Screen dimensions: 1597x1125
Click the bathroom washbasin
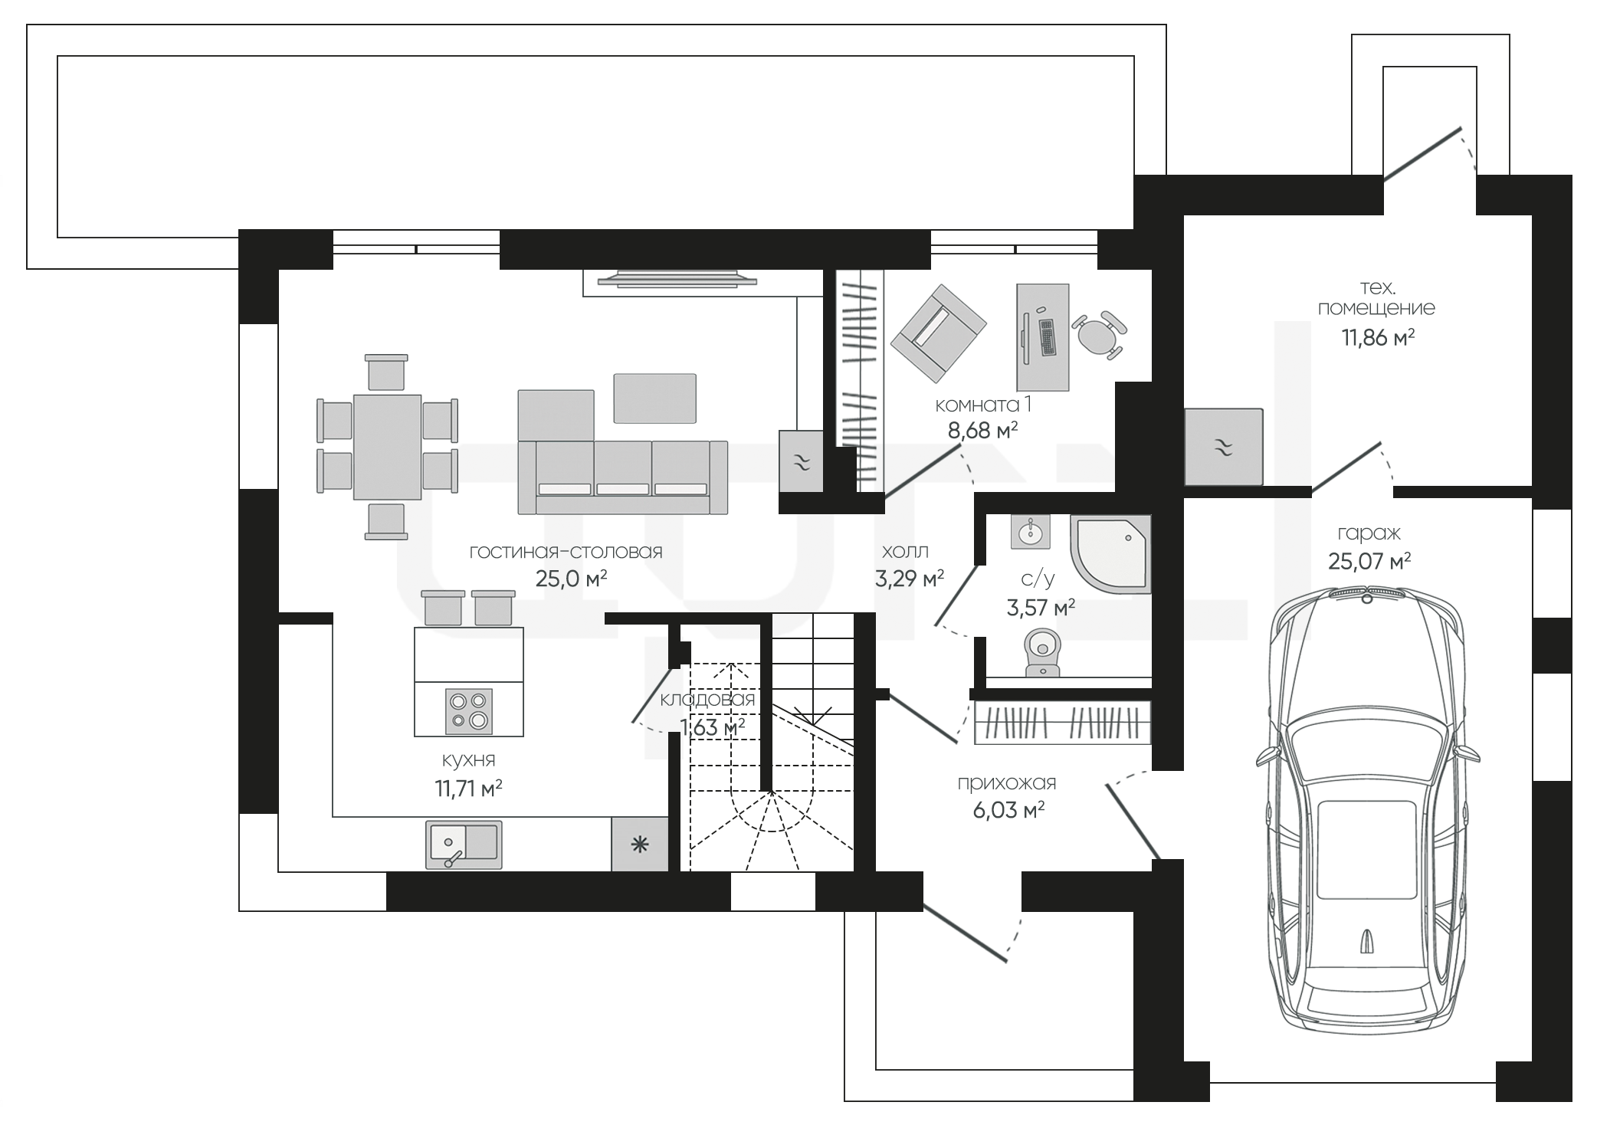[x=1030, y=531]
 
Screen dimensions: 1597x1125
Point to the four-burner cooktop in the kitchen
[x=469, y=710]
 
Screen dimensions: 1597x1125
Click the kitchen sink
[x=464, y=845]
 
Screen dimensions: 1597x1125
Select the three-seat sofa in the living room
[x=622, y=477]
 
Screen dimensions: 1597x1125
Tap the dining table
[x=387, y=448]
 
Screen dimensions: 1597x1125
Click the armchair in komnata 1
[x=938, y=333]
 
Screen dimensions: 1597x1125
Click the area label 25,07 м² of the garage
[x=1369, y=562]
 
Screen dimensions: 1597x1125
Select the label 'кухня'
[x=468, y=759]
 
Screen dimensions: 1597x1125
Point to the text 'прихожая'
[x=1007, y=783]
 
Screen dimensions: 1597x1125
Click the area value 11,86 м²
[x=1377, y=338]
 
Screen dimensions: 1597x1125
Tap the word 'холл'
[x=905, y=552]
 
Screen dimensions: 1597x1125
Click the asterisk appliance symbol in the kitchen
[x=640, y=845]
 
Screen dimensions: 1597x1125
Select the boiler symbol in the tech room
[x=1223, y=446]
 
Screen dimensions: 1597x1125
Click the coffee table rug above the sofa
[x=654, y=398]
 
